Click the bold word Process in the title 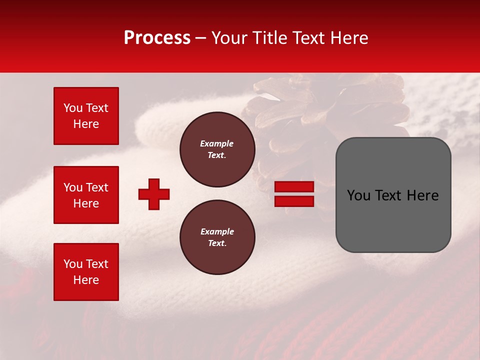pos(157,38)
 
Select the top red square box pos(86,116)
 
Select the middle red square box pos(86,195)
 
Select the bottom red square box pos(86,272)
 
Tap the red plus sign pos(154,194)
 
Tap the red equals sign pos(294,194)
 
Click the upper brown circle pos(217,149)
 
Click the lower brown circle pos(217,237)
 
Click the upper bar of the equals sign pos(294,187)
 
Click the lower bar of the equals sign pos(294,201)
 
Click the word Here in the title pos(348,38)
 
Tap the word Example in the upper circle pos(216,144)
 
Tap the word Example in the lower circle pos(217,232)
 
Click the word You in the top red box pos(73,108)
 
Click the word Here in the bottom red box pos(86,280)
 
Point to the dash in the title pos(200,38)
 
